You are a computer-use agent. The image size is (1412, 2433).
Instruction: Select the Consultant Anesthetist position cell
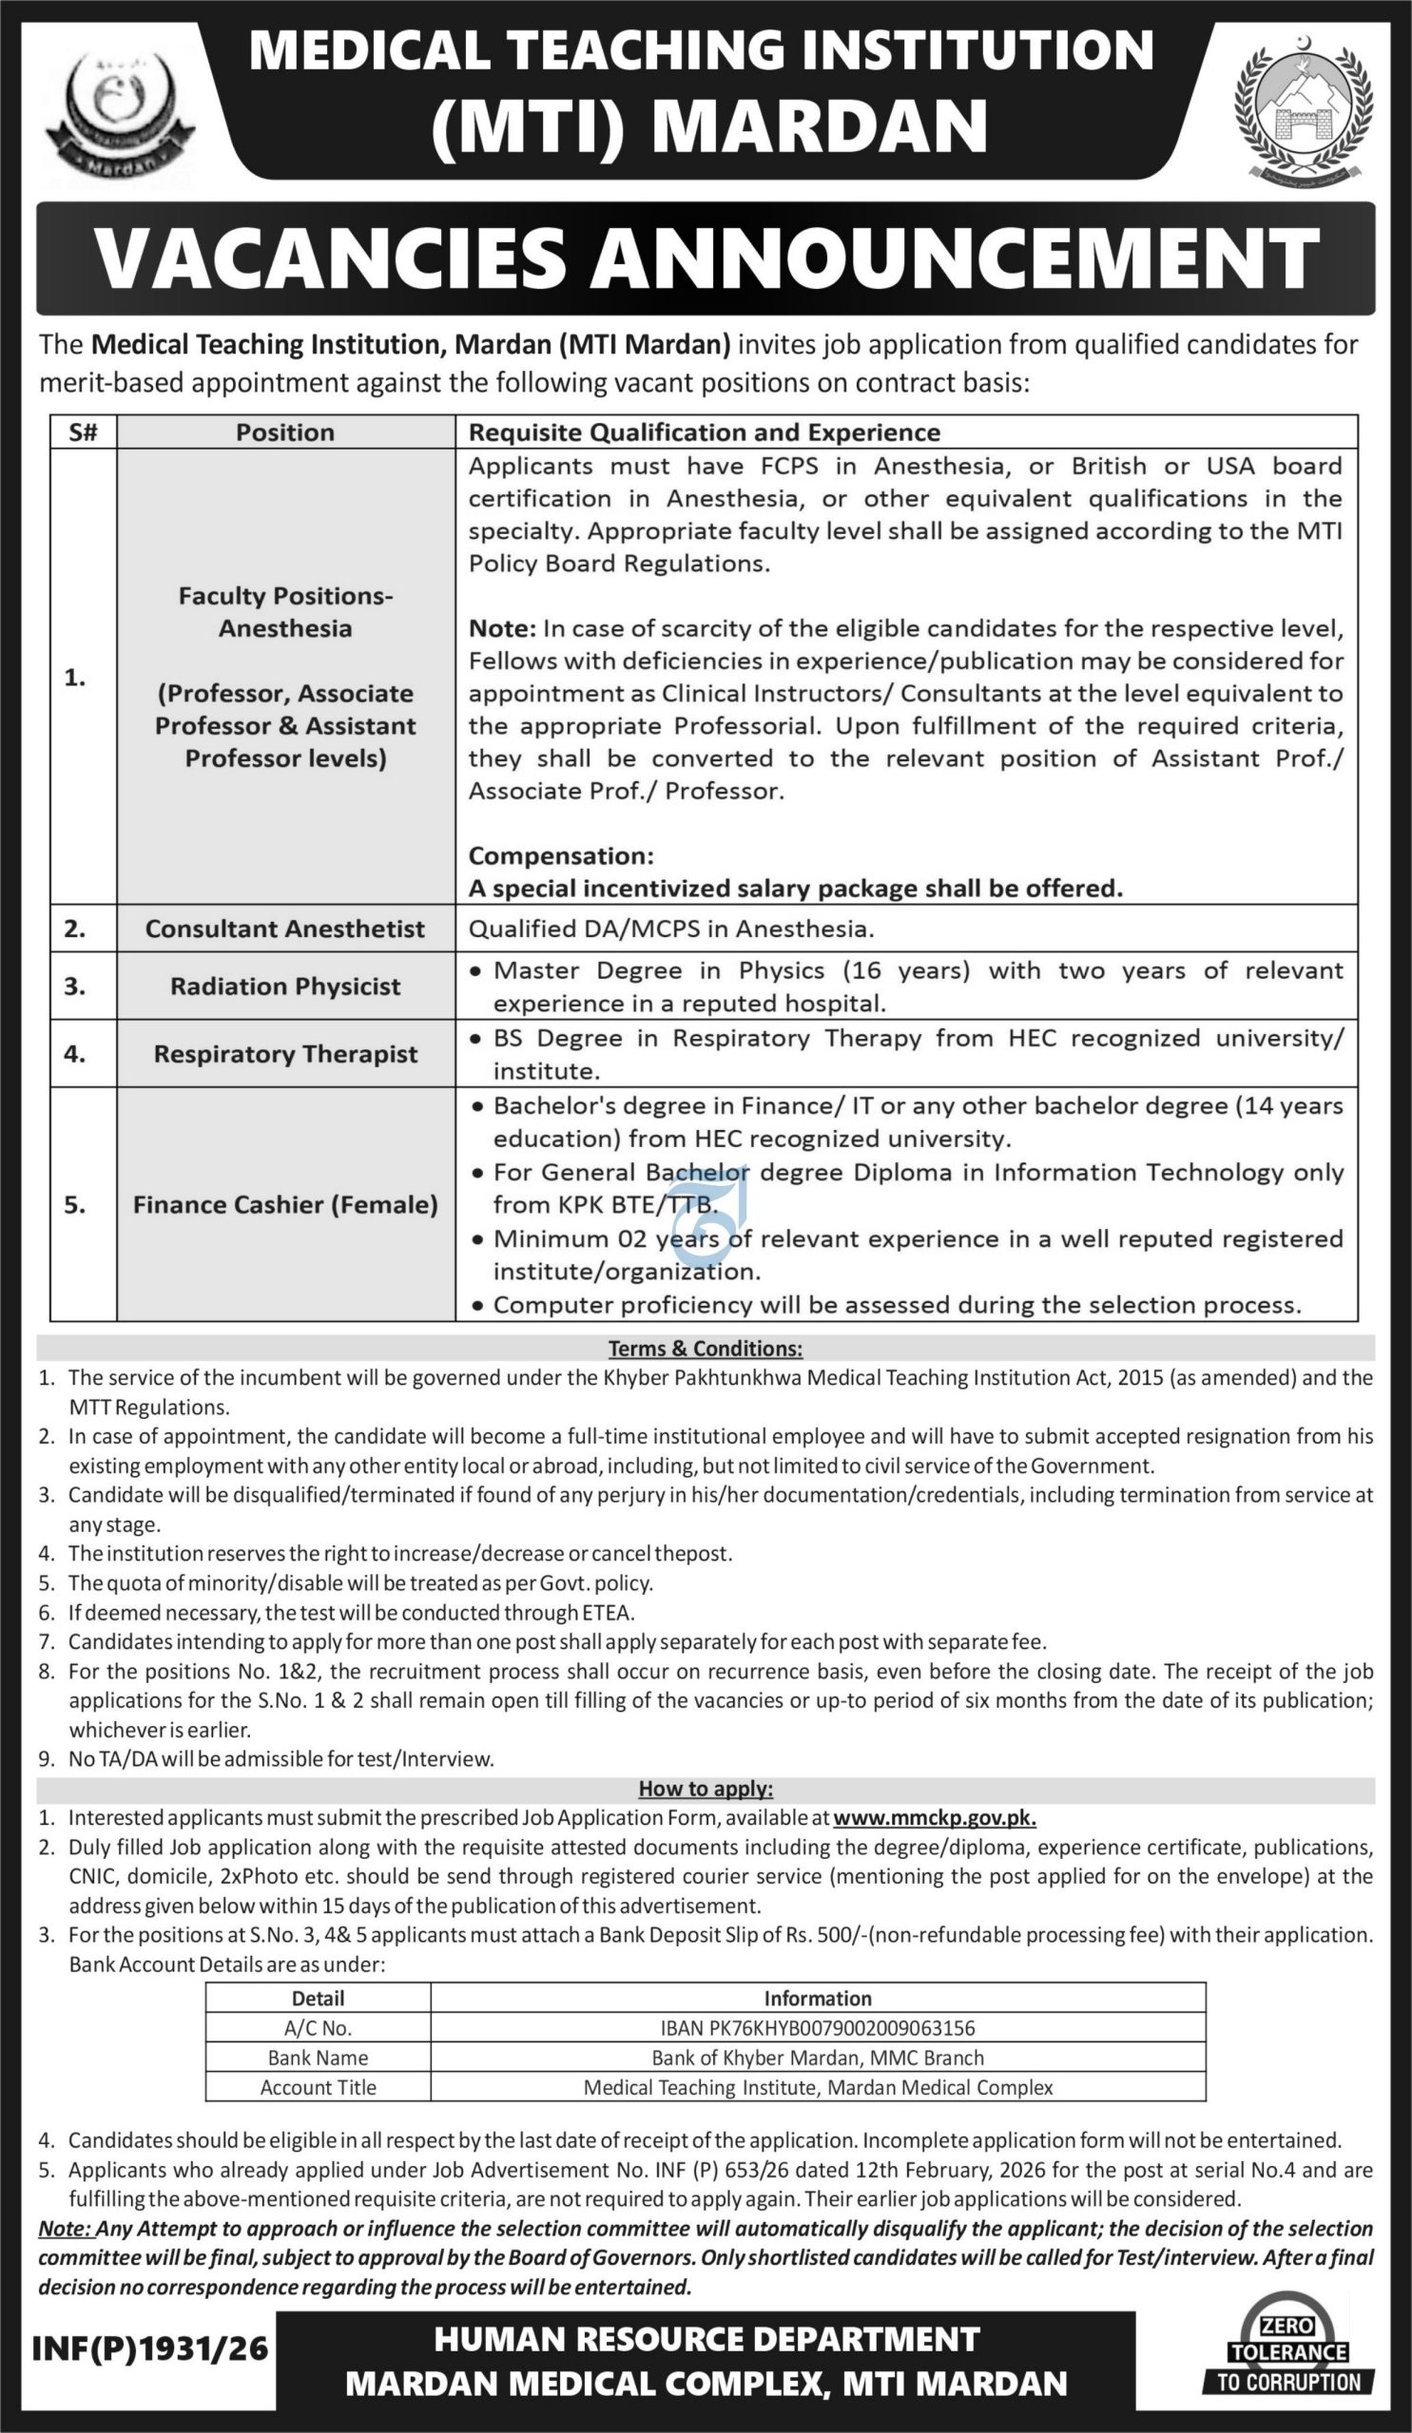[285, 929]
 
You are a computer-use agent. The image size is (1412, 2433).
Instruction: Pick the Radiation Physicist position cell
[285, 987]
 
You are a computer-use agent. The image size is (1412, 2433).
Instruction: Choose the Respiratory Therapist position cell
[285, 1054]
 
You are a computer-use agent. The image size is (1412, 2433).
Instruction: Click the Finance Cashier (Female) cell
[285, 1205]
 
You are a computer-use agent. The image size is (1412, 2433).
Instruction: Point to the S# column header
[83, 432]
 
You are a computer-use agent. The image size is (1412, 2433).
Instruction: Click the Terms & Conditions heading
[705, 1349]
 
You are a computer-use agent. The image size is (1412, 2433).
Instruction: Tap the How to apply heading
[705, 1789]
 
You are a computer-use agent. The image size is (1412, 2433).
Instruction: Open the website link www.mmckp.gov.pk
[934, 1818]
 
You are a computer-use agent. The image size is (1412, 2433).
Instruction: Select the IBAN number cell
[817, 2028]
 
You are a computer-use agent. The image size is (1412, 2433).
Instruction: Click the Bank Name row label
[318, 2058]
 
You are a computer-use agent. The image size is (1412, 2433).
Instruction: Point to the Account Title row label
[318, 2087]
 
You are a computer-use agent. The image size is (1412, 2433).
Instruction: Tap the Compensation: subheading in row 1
[561, 856]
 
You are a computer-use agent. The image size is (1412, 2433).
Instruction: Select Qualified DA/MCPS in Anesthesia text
[671, 929]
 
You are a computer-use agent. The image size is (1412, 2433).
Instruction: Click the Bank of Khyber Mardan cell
[817, 2058]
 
